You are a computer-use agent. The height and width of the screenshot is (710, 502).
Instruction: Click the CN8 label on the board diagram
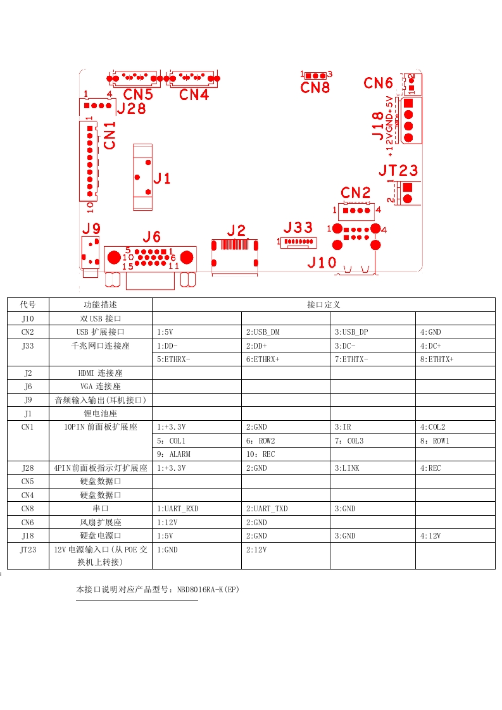(315, 87)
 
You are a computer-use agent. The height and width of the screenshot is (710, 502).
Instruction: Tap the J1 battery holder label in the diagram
(162, 178)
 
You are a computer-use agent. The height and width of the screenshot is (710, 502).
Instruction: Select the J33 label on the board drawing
(298, 228)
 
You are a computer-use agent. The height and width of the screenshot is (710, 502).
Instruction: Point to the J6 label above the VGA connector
(152, 237)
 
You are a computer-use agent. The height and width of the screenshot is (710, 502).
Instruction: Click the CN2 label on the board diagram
(355, 192)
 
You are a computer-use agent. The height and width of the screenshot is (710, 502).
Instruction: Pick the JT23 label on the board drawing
(398, 170)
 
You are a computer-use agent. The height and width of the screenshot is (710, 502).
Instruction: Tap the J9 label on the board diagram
(91, 228)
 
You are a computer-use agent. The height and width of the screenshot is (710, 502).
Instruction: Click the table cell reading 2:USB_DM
(263, 332)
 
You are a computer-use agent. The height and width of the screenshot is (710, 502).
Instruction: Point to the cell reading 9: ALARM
(173, 454)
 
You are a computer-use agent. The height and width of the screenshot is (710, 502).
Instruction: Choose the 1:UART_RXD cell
(178, 509)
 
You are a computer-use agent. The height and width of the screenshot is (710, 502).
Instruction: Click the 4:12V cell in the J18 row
(430, 536)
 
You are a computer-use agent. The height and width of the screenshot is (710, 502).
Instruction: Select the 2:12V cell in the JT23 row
(256, 550)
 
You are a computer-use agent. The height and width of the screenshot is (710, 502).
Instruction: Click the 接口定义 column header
(323, 305)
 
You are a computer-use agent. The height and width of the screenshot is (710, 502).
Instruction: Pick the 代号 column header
(28, 305)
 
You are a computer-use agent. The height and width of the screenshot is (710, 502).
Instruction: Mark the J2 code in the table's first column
(28, 373)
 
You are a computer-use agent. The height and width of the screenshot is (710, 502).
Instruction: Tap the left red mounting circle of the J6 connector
(114, 257)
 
